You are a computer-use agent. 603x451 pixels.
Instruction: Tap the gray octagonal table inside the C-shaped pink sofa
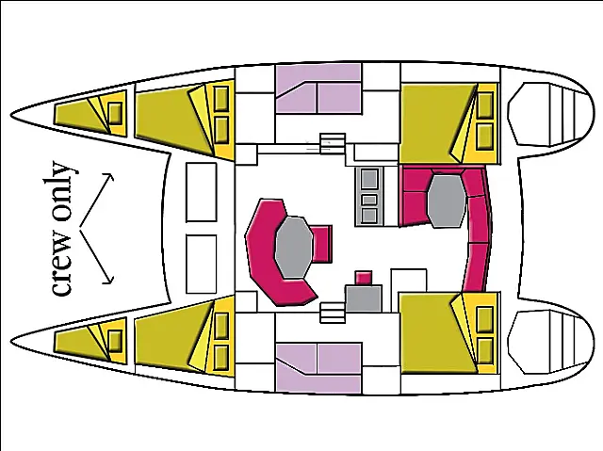click(x=293, y=247)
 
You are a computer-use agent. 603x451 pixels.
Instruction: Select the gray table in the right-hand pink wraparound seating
click(x=447, y=201)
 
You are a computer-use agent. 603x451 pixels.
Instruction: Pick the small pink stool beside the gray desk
click(x=364, y=278)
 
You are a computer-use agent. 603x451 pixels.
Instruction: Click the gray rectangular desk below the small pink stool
click(x=364, y=298)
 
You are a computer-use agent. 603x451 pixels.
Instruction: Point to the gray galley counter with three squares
click(x=369, y=196)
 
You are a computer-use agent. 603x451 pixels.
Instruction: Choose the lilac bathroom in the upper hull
click(x=318, y=89)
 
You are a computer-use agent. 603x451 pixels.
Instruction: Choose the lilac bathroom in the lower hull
click(x=318, y=368)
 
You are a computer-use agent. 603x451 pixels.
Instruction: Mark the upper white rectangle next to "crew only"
click(x=201, y=192)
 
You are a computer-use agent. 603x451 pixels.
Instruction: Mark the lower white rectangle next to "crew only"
click(x=201, y=265)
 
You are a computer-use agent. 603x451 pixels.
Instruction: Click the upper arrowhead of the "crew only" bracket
click(x=110, y=177)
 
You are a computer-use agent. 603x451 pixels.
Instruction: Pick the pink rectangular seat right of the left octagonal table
click(x=321, y=244)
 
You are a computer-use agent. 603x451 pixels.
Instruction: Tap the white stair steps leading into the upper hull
click(x=333, y=143)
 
